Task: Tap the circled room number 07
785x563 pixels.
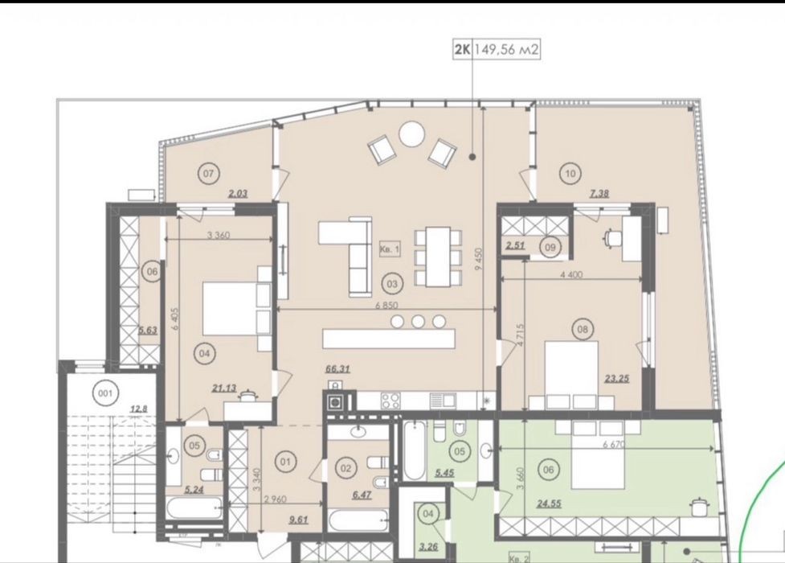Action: tap(208, 174)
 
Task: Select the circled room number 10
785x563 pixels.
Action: tap(570, 174)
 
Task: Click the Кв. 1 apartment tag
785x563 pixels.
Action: tap(390, 249)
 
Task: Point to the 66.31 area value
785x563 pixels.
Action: tap(337, 369)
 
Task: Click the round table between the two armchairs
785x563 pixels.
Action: tap(411, 134)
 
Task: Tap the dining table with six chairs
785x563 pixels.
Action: tap(438, 257)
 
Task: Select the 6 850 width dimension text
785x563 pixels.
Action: tap(386, 306)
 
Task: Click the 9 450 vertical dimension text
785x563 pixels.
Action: tap(479, 260)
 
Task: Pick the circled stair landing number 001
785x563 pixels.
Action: tap(105, 393)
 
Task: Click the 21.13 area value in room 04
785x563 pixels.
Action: tap(224, 388)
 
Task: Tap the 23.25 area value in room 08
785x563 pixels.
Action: tap(616, 379)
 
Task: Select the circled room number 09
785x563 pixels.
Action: tap(550, 247)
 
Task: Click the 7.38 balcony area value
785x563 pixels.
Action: tap(599, 193)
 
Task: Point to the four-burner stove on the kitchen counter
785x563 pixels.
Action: tap(390, 401)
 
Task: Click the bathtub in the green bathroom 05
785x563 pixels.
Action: tap(415, 450)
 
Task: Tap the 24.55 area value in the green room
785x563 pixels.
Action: tap(549, 503)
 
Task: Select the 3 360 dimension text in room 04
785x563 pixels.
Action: tap(219, 235)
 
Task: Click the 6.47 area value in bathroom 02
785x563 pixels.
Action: tap(362, 495)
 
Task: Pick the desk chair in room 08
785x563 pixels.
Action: tap(611, 237)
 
